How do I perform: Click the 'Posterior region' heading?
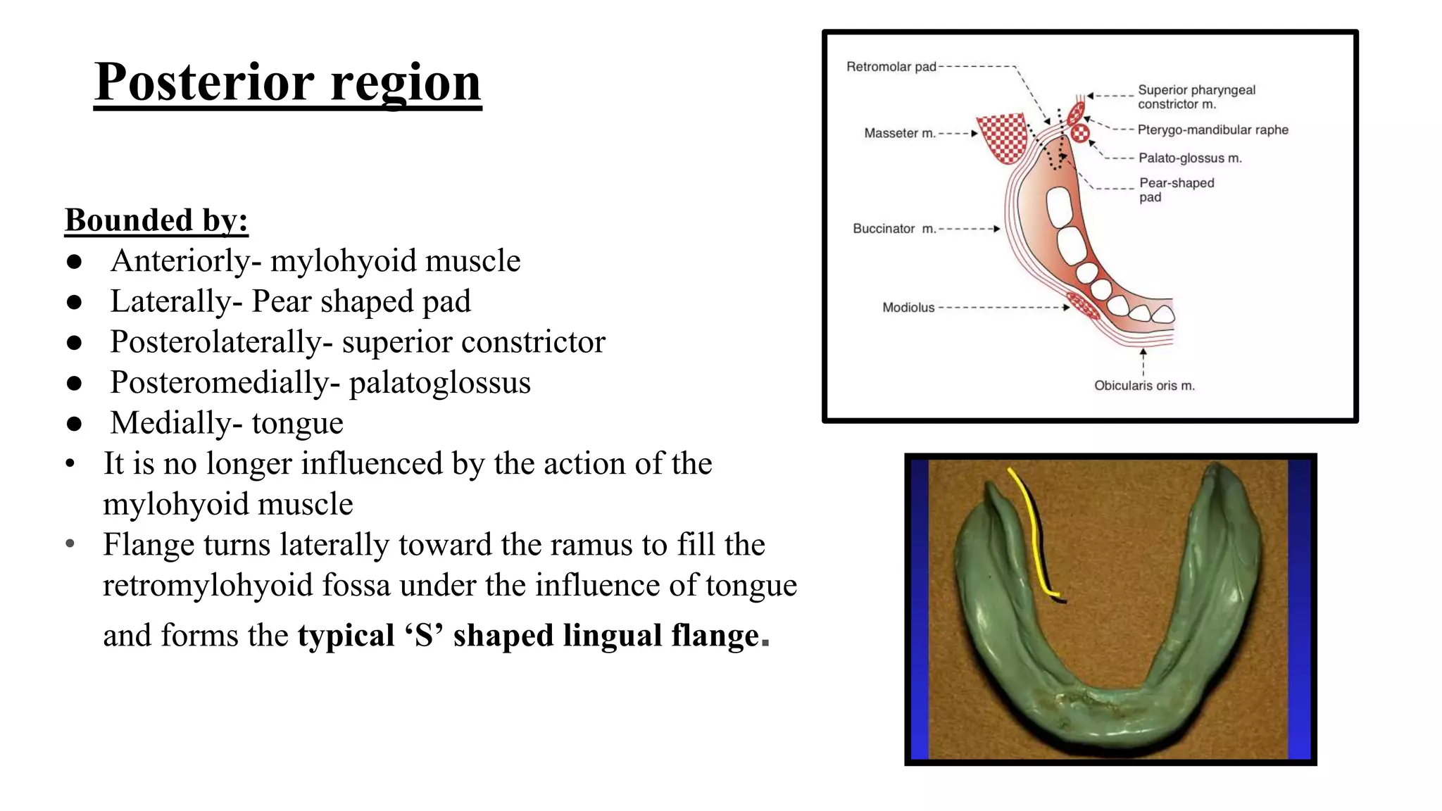pyautogui.click(x=287, y=82)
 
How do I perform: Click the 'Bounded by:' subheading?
pyautogui.click(x=156, y=220)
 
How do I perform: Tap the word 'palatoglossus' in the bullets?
pyautogui.click(x=439, y=383)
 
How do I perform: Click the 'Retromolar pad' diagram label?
pyautogui.click(x=891, y=67)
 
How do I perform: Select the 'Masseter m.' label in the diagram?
pyautogui.click(x=899, y=133)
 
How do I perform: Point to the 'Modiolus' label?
pyautogui.click(x=908, y=308)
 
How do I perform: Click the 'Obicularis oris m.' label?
pyautogui.click(x=1144, y=386)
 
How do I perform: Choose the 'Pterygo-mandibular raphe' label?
pyautogui.click(x=1212, y=130)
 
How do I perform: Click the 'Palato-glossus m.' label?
pyautogui.click(x=1190, y=158)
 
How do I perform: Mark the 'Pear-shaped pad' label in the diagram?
pyautogui.click(x=1176, y=190)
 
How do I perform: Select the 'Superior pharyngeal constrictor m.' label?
pyautogui.click(x=1196, y=97)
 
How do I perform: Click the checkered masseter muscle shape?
pyautogui.click(x=1002, y=137)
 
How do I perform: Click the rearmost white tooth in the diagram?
pyautogui.click(x=1058, y=207)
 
